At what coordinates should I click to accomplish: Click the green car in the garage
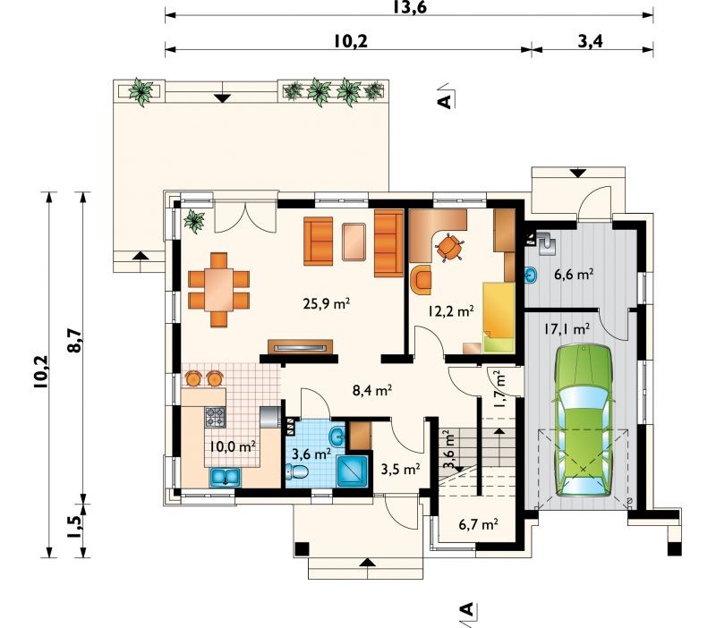pyautogui.click(x=583, y=420)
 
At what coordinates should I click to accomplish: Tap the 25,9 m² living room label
pyautogui.click(x=326, y=303)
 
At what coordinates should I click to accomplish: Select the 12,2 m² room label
pyautogui.click(x=450, y=310)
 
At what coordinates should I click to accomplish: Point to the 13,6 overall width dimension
pyautogui.click(x=409, y=7)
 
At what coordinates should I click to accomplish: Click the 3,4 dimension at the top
pyautogui.click(x=591, y=41)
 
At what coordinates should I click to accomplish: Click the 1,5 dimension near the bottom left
pyautogui.click(x=74, y=528)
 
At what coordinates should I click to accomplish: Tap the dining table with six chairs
pyautogui.click(x=218, y=290)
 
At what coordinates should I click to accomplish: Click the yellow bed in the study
pyautogui.click(x=499, y=317)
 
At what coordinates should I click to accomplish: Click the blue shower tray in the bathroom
pyautogui.click(x=352, y=470)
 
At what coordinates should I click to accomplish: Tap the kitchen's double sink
pyautogui.click(x=226, y=477)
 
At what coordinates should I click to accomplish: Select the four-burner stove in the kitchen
pyautogui.click(x=215, y=417)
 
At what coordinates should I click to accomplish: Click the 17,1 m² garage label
pyautogui.click(x=567, y=328)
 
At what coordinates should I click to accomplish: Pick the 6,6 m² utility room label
pyautogui.click(x=573, y=275)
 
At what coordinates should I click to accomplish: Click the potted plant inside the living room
pyautogui.click(x=194, y=221)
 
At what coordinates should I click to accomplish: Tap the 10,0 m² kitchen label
pyautogui.click(x=232, y=446)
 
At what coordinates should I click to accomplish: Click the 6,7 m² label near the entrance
pyautogui.click(x=478, y=524)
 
